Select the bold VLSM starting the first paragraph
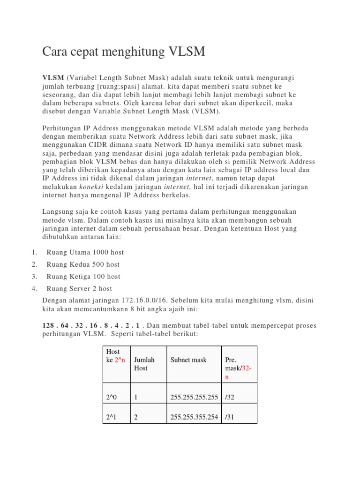(53, 77)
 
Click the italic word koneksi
(89, 187)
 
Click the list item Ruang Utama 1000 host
(85, 252)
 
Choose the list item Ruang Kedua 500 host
(83, 264)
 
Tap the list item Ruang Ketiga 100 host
(83, 277)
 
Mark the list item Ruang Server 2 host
(79, 289)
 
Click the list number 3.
(34, 277)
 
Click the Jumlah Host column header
(144, 364)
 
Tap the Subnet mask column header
(188, 360)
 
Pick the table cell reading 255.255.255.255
(194, 397)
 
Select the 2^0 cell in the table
(112, 397)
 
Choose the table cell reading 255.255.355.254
(194, 417)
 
